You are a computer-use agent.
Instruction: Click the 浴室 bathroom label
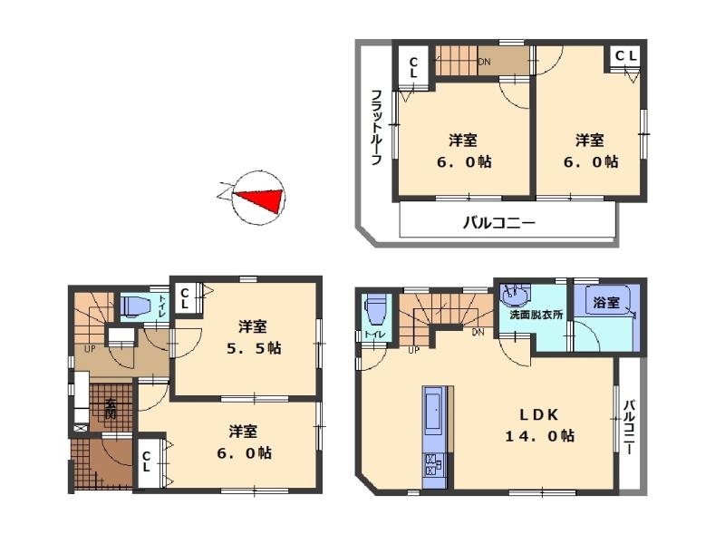pos(606,304)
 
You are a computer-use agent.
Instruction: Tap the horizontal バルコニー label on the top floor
pos(499,221)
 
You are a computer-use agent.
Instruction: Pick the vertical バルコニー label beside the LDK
pos(630,425)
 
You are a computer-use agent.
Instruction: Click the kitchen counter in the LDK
pos(434,426)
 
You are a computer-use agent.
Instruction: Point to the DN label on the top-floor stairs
pos(484,63)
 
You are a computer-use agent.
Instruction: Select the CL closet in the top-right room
pos(626,57)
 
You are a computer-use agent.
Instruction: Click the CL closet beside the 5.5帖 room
pos(184,298)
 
